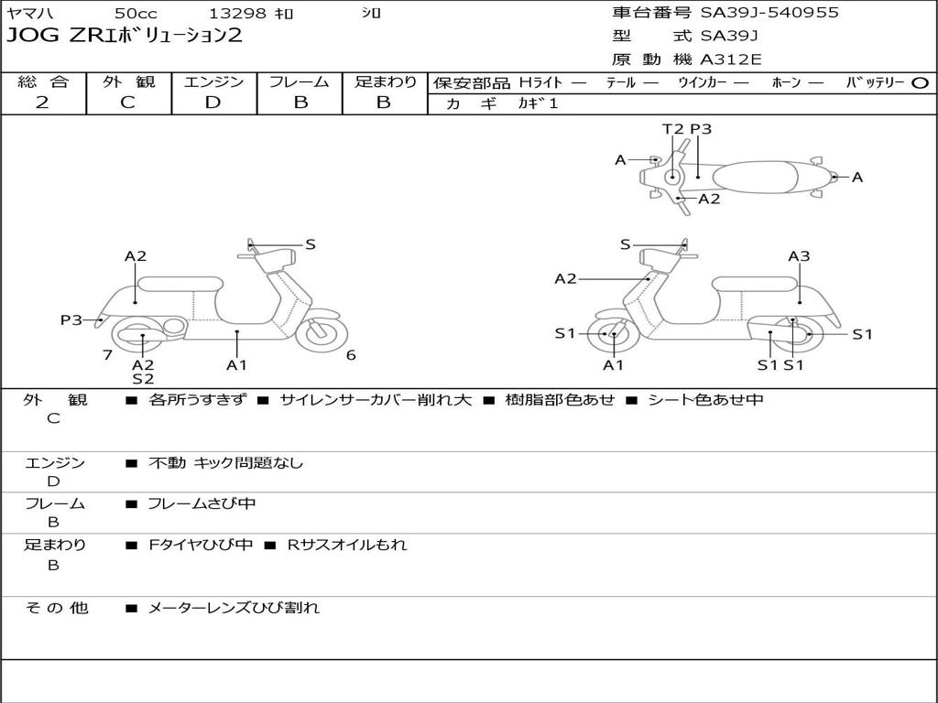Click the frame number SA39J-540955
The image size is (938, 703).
click(769, 13)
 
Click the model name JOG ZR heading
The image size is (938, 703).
click(124, 36)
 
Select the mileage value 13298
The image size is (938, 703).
click(236, 13)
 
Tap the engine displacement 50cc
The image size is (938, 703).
click(136, 13)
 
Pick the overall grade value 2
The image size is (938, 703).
click(42, 103)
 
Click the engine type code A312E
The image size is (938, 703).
click(730, 59)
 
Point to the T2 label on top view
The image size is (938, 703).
click(673, 129)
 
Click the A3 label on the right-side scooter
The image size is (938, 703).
click(799, 256)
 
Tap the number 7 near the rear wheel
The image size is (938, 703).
click(108, 355)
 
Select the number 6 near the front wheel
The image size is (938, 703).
click(351, 355)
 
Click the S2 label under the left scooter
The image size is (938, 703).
click(143, 378)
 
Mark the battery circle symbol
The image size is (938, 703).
click(920, 83)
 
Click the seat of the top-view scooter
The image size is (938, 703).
click(755, 178)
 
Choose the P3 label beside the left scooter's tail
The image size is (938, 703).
click(71, 319)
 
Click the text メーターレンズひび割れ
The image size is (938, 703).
click(234, 608)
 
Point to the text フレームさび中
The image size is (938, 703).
click(202, 504)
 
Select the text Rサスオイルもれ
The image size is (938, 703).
click(347, 545)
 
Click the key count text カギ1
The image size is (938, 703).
click(538, 103)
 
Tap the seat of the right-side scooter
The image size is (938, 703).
click(756, 284)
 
